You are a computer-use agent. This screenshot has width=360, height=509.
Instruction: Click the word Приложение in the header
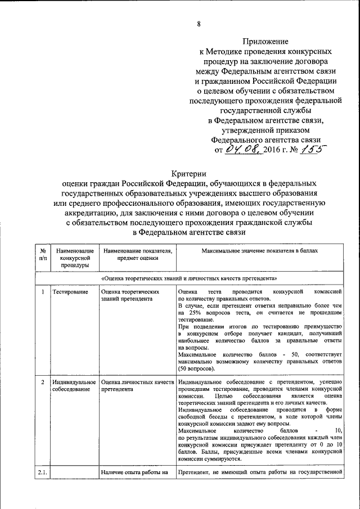tap(266, 42)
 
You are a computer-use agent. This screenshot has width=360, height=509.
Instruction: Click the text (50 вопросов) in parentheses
tap(196, 370)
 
